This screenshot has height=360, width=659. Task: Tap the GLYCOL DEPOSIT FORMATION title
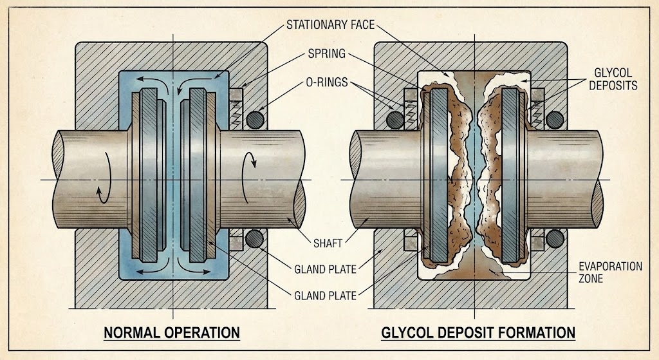478,333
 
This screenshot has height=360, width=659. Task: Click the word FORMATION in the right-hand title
535,333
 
